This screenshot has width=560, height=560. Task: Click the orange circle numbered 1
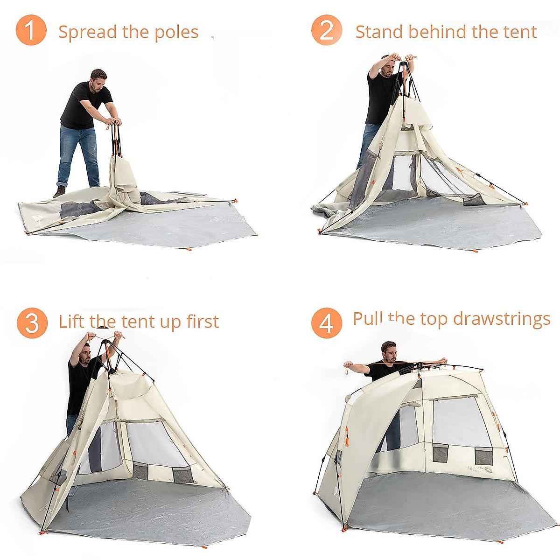(x=31, y=30)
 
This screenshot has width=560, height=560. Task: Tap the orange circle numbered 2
(x=327, y=30)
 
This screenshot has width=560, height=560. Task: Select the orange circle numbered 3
(x=32, y=323)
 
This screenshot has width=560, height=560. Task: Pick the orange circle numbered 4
(x=327, y=323)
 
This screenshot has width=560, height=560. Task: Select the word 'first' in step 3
(x=203, y=322)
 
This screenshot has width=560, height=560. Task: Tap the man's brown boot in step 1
(x=59, y=192)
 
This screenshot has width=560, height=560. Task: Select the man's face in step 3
(x=85, y=354)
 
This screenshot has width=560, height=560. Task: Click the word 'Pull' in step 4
(x=368, y=319)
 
